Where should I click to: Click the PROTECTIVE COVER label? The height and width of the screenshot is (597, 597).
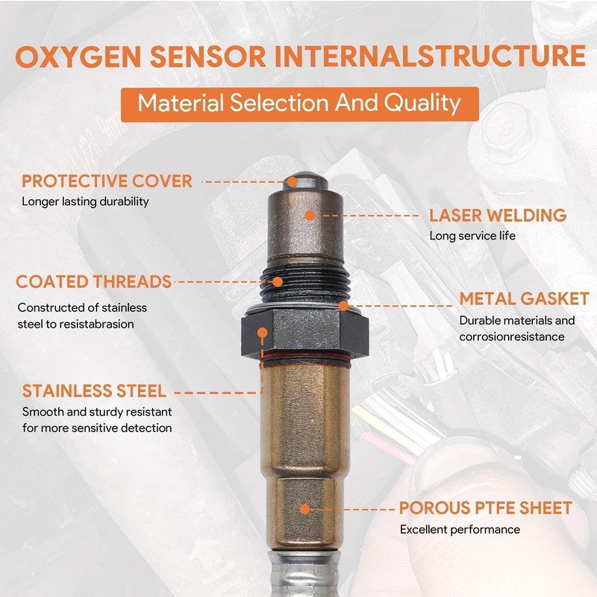click(107, 181)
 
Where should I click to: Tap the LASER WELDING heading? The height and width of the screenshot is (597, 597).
click(498, 216)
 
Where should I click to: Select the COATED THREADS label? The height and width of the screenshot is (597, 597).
click(94, 281)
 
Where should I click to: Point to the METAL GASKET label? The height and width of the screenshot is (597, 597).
click(524, 298)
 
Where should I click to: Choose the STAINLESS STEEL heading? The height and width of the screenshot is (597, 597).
click(94, 391)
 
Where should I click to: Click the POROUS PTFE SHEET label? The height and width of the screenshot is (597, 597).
click(486, 509)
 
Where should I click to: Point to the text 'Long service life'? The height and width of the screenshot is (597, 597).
click(472, 236)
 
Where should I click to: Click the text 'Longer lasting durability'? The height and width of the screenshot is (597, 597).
click(85, 201)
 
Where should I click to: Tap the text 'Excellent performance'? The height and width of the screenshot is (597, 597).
click(460, 529)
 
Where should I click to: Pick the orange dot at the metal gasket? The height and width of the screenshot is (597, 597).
click(343, 305)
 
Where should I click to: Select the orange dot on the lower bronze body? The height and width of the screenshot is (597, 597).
click(304, 509)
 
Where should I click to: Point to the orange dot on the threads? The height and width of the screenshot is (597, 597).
click(278, 281)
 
